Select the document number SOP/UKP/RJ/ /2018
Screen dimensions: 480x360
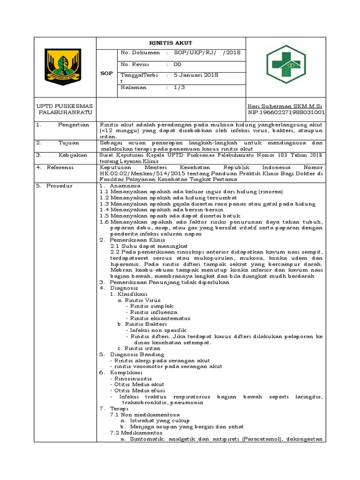pyautogui.click(x=207, y=53)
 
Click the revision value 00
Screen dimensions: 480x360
pyautogui.click(x=177, y=64)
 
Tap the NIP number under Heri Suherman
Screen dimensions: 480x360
pyautogui.click(x=286, y=113)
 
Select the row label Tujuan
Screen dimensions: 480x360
pyautogui.click(x=68, y=142)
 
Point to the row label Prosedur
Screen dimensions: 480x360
pyautogui.click(x=59, y=186)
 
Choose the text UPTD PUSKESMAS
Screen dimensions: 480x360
pyautogui.click(x=65, y=106)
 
